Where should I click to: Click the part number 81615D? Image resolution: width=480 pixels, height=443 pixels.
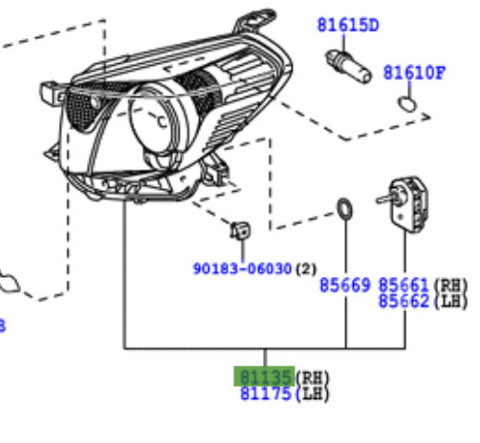pyautogui.click(x=348, y=25)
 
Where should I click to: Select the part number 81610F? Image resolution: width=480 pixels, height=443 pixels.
pyautogui.click(x=414, y=73)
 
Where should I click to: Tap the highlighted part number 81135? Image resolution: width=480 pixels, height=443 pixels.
pyautogui.click(x=266, y=377)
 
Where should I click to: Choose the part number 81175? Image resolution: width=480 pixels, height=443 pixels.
pyautogui.click(x=266, y=393)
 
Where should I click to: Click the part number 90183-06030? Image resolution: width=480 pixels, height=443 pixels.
pyautogui.click(x=243, y=268)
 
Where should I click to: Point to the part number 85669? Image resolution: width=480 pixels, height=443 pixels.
pyautogui.click(x=345, y=285)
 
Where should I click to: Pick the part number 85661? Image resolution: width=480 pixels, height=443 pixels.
pyautogui.click(x=404, y=285)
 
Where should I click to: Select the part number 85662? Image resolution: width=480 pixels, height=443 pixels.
pyautogui.click(x=404, y=301)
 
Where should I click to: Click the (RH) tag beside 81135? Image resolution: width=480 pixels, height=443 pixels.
pyautogui.click(x=313, y=378)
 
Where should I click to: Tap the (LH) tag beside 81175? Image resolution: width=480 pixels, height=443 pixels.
pyautogui.click(x=313, y=394)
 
